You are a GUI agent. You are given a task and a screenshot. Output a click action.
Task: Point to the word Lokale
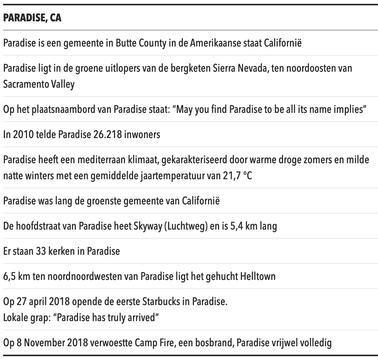tap(15, 317)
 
